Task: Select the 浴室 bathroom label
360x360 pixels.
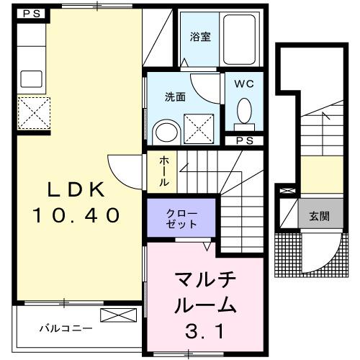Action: click(x=200, y=36)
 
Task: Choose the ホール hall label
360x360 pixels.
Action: click(x=165, y=171)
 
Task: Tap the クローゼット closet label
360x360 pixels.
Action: click(x=180, y=218)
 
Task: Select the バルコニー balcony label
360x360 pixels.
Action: click(x=65, y=328)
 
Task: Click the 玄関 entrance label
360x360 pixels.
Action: click(x=320, y=217)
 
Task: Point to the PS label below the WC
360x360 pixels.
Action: click(x=244, y=140)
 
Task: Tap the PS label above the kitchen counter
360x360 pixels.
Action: click(x=30, y=14)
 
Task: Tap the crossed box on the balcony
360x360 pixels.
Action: click(x=117, y=315)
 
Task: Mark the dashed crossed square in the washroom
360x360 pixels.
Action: click(x=202, y=129)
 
